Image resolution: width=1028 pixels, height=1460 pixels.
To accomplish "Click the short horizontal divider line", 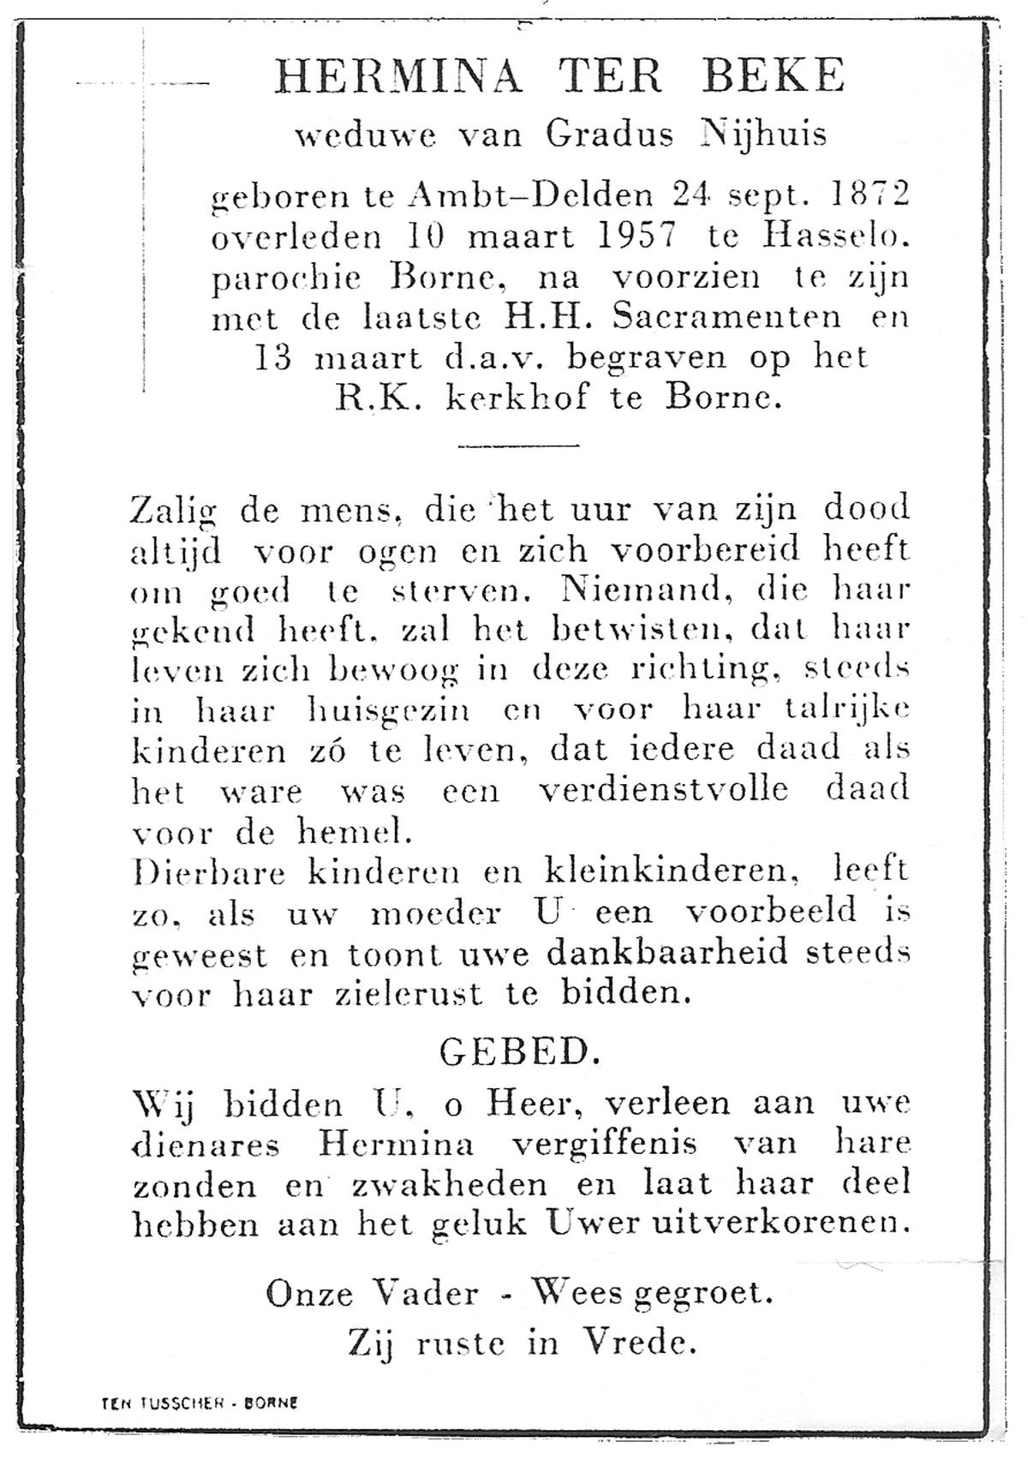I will tap(519, 446).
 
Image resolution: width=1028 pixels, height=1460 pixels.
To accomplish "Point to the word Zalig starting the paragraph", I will tap(174, 512).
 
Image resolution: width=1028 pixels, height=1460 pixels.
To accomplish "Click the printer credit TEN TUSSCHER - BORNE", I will tap(200, 1403).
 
